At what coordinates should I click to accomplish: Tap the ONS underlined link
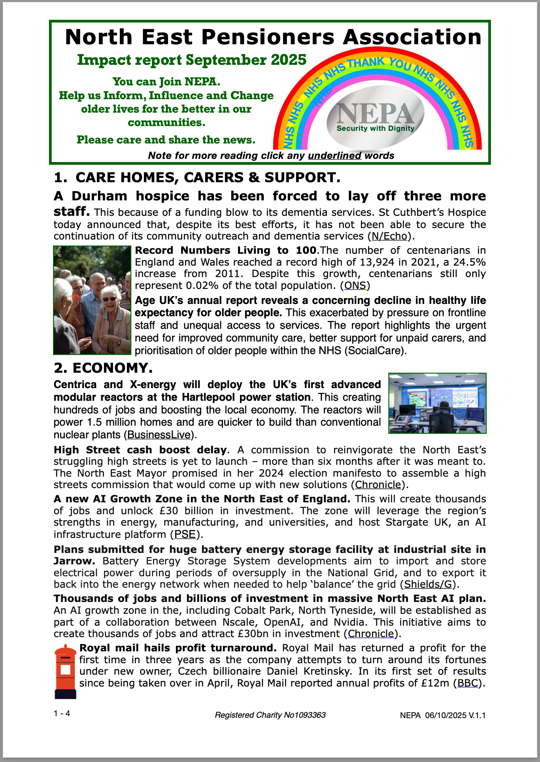pyautogui.click(x=355, y=286)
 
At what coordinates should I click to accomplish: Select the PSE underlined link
pyautogui.click(x=185, y=535)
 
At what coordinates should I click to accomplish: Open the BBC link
pyautogui.click(x=468, y=683)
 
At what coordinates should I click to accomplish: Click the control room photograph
pyautogui.click(x=437, y=403)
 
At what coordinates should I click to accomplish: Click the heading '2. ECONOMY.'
pyautogui.click(x=103, y=368)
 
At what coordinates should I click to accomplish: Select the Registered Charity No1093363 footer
pyautogui.click(x=270, y=715)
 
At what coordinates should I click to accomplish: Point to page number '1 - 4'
pyautogui.click(x=62, y=713)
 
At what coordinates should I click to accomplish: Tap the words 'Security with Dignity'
pyautogui.click(x=375, y=128)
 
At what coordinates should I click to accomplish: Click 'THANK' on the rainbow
pyautogui.click(x=366, y=63)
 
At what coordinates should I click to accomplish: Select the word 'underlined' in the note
pyautogui.click(x=334, y=156)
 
